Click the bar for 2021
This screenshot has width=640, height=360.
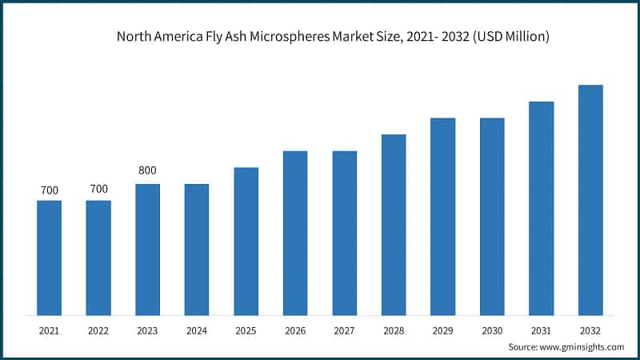[x=50, y=257]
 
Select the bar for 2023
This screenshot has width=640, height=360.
[x=148, y=249]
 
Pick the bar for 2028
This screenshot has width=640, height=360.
[x=394, y=224]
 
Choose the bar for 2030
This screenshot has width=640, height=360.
[x=492, y=216]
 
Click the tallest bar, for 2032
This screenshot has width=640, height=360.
[x=590, y=199]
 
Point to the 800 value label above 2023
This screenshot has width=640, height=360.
[x=148, y=170]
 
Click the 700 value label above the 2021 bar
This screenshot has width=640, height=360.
[x=50, y=190]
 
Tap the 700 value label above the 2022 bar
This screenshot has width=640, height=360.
[x=98, y=190]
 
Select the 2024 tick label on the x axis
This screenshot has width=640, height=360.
[x=197, y=330]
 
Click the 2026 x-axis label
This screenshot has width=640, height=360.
[x=295, y=330]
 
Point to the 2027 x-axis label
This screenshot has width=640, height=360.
[x=345, y=330]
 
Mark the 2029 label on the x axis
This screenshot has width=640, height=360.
[x=443, y=330]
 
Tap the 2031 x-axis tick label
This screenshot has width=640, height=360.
[x=542, y=330]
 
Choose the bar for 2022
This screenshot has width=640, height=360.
[x=98, y=257]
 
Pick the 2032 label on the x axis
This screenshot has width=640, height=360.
[x=590, y=330]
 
